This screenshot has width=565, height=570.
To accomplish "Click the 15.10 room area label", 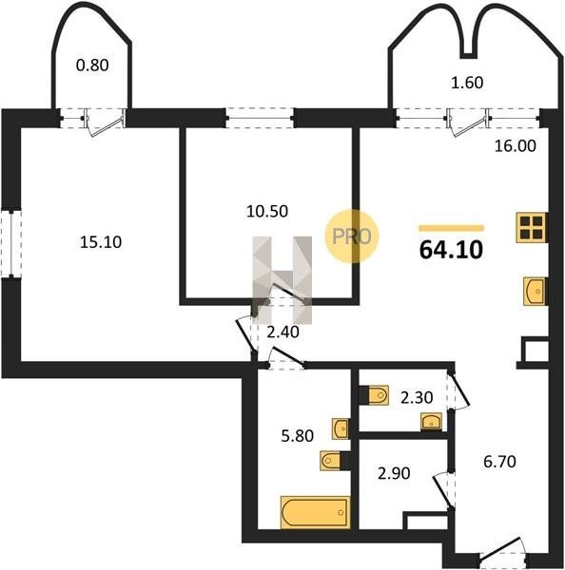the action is (x=101, y=242).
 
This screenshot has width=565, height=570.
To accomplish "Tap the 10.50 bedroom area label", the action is (x=267, y=211).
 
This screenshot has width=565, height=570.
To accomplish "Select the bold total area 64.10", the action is (x=451, y=250).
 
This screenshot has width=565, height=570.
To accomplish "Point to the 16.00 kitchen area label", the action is (x=516, y=146).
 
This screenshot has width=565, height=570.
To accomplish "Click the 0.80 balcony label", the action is (x=92, y=66).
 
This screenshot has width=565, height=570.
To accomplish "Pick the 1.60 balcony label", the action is (x=467, y=83).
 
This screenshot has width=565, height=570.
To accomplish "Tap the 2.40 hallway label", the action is (x=282, y=332).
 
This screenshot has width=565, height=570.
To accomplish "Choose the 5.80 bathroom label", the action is (x=298, y=435).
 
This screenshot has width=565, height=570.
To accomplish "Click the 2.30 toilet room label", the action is (x=417, y=398).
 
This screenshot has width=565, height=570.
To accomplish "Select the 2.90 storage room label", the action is (x=394, y=474).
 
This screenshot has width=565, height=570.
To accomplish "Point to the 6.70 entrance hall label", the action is (x=499, y=462).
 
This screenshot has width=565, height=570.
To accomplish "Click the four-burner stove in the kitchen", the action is (x=532, y=228).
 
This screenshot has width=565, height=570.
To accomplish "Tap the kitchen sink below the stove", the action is (x=536, y=292).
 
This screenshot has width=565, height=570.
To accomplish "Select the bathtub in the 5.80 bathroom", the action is (x=315, y=512).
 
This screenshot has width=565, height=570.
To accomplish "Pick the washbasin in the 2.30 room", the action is (x=432, y=422).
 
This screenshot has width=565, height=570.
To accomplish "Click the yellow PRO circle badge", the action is (x=352, y=237).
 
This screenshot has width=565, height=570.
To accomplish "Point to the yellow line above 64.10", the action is (x=452, y=228).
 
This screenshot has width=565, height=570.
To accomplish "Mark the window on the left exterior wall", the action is (x=10, y=243).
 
